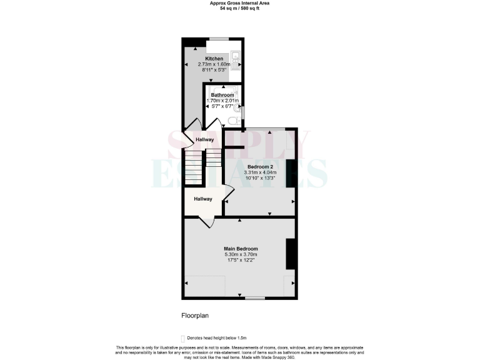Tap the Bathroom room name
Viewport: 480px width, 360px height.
222,95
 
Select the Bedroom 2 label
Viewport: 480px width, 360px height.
259,167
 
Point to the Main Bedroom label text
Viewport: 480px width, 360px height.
241,249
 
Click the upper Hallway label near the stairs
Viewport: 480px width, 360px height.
205,140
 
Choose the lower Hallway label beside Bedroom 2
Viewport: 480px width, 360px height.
202,199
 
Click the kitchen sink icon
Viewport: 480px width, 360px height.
235,60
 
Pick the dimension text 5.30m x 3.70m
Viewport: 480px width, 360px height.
241,254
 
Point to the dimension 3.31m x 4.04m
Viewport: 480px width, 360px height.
259,172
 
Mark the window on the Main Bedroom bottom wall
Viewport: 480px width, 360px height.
254,298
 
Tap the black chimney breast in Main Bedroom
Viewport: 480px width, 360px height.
290,254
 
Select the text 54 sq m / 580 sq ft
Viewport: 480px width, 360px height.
240,8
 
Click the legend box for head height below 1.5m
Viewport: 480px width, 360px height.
182,337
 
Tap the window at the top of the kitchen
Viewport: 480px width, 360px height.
218,40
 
